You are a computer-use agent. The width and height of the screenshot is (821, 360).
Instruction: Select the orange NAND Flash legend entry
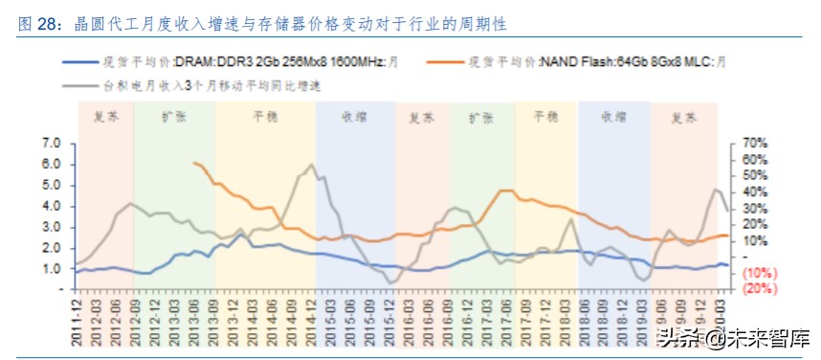593,63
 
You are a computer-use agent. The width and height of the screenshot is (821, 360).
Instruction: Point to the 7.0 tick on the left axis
53,144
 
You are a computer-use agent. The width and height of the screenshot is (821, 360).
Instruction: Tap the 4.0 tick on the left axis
53,206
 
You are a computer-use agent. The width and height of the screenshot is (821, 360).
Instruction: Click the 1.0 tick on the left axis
53,269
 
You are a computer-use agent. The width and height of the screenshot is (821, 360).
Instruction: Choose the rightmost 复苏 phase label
683,118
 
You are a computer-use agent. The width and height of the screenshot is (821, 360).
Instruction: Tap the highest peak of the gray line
311,165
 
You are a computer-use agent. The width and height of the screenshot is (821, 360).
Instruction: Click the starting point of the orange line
194,163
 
